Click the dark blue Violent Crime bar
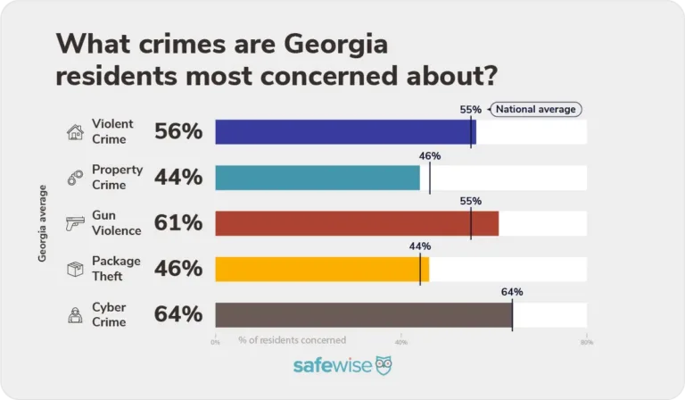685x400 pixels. pos(345,132)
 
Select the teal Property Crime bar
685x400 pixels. pos(318,178)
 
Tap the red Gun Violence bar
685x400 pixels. pos(357,223)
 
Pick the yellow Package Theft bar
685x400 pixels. pos(322,269)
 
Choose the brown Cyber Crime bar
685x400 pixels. pos(364,314)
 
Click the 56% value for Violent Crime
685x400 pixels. pos(178,132)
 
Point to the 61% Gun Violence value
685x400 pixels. pos(178,223)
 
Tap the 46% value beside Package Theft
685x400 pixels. pos(178,269)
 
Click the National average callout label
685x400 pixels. pos(536,109)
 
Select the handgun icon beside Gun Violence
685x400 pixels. pos(75,224)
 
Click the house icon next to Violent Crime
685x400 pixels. pos(75,132)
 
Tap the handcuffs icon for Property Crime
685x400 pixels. pos(75,179)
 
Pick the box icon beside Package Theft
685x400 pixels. pos(75,269)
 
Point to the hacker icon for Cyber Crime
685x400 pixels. pos(75,314)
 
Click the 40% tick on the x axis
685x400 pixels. pos(400,342)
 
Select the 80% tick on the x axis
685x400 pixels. pos(586,342)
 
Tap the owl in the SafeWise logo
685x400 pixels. pos(383,366)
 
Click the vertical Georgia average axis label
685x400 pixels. pos(42,223)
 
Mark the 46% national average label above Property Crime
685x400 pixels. pos(430,155)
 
